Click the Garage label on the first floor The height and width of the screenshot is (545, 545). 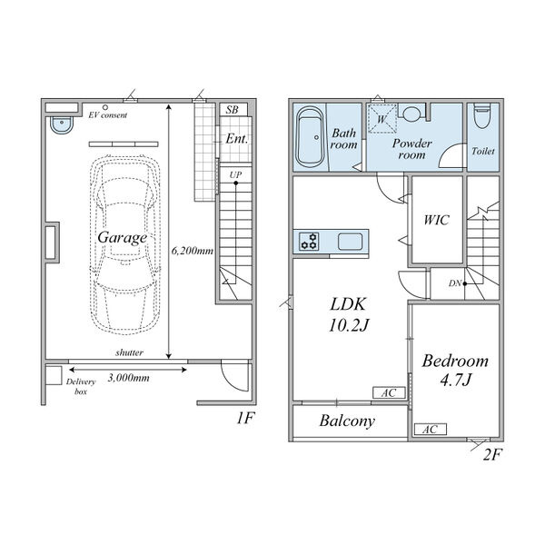(x=123, y=238)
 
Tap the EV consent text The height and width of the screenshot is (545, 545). (x=108, y=115)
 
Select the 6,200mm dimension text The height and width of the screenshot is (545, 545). (x=193, y=251)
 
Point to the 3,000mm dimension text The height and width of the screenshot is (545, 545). (x=129, y=378)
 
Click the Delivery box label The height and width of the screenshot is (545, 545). (x=81, y=386)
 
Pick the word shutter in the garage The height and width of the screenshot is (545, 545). (x=129, y=352)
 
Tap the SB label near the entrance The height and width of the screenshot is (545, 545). (x=233, y=110)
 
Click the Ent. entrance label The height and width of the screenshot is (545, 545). (x=237, y=139)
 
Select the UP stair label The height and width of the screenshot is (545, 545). (x=235, y=174)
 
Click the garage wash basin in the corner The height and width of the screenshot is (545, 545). (x=62, y=125)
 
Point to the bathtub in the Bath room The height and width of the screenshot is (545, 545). (x=311, y=137)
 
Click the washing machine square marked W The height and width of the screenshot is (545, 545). (x=382, y=118)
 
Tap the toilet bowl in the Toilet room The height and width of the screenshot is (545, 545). (x=482, y=115)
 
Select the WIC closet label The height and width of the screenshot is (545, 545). (x=437, y=220)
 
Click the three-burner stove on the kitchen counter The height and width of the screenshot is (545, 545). (x=309, y=242)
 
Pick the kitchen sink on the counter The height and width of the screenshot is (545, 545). (x=350, y=242)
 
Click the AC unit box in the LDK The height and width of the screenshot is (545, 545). (x=389, y=392)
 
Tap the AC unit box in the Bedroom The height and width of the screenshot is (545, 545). (x=431, y=430)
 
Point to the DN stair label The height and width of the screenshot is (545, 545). (x=455, y=283)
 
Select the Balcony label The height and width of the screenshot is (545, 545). (x=347, y=421)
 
